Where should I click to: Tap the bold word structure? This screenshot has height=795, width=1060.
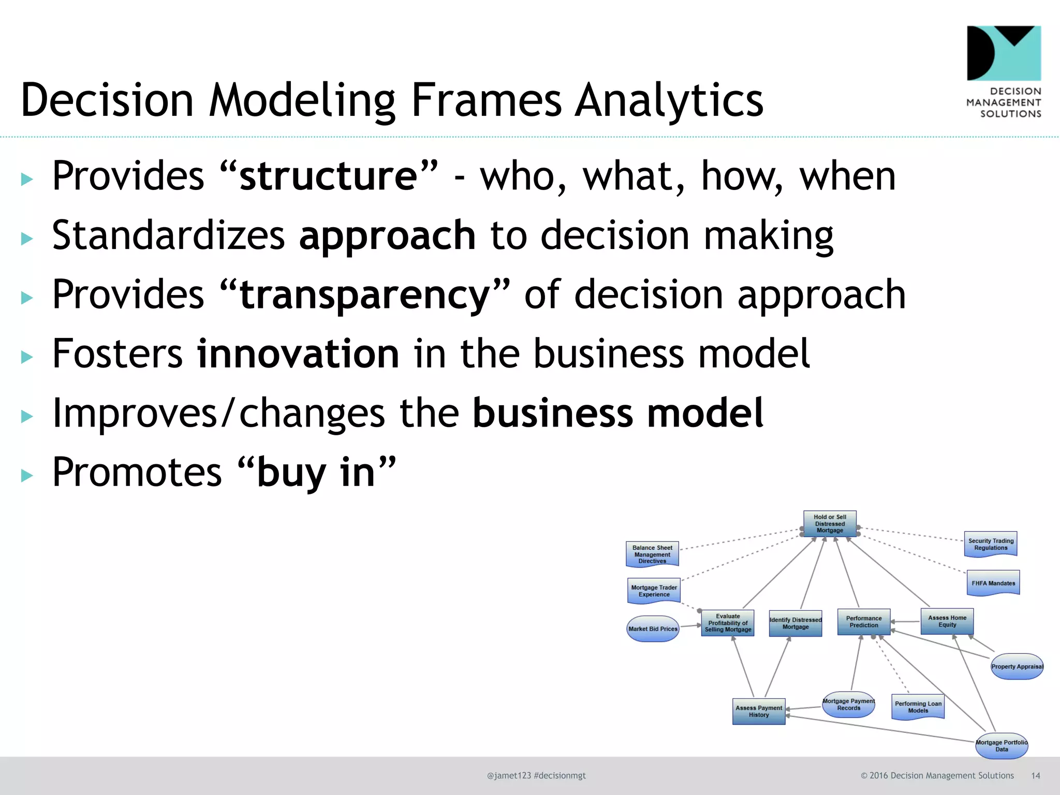click(x=328, y=176)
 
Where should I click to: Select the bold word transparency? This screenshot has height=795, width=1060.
click(x=365, y=295)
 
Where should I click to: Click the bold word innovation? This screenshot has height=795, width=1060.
click(x=298, y=354)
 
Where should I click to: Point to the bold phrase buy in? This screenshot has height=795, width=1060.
click(x=316, y=473)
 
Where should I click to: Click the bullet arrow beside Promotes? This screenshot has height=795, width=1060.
click(x=27, y=476)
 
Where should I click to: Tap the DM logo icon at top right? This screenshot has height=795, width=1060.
click(x=1004, y=53)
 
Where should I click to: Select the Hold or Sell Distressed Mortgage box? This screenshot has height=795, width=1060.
click(x=830, y=524)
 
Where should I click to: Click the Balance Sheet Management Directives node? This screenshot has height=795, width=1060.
click(x=652, y=554)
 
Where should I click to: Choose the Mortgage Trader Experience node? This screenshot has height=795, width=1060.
click(x=654, y=591)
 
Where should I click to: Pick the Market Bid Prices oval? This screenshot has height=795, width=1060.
click(x=653, y=629)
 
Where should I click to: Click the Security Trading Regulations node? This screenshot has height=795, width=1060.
click(x=991, y=544)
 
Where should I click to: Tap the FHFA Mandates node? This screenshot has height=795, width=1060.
click(x=993, y=583)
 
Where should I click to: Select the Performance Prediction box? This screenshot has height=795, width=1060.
click(x=864, y=622)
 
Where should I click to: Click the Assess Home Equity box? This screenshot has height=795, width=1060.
click(x=947, y=621)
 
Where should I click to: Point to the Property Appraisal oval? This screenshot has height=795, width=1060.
click(x=1017, y=667)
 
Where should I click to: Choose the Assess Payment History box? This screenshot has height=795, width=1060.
click(x=759, y=711)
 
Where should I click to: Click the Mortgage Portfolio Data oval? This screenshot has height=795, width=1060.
click(x=1002, y=746)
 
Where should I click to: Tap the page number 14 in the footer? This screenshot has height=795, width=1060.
click(x=1035, y=775)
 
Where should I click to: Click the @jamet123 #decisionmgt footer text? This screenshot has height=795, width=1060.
click(x=536, y=775)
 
